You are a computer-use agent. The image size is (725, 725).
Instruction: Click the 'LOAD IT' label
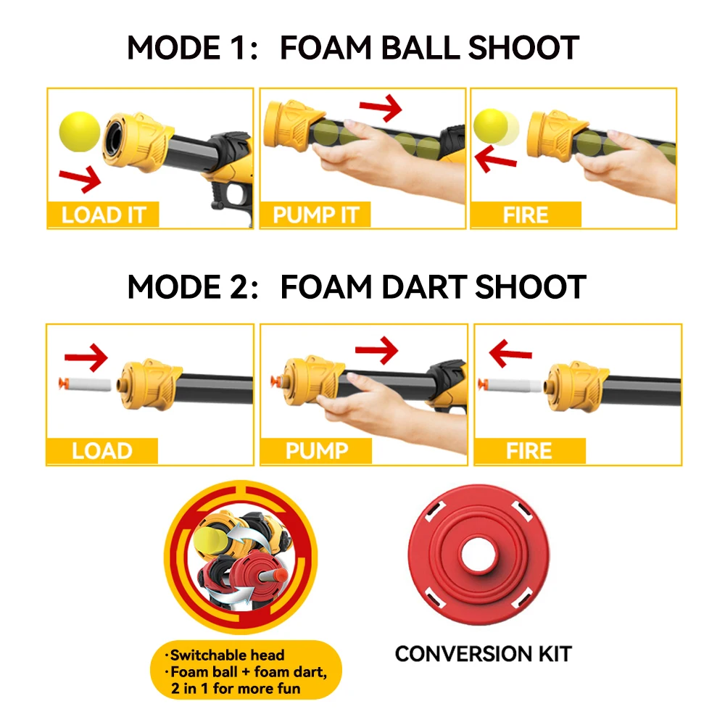103,215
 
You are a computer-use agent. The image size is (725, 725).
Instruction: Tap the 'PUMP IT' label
315,215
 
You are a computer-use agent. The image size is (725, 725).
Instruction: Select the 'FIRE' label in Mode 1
526,215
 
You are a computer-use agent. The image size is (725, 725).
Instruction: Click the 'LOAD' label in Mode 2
102,451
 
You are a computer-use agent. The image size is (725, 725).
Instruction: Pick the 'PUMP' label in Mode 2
316,451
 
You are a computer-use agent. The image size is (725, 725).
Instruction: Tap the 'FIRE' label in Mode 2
529,451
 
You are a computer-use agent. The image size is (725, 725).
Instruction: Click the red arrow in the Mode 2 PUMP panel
376,351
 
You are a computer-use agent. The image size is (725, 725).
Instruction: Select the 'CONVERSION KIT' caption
483,654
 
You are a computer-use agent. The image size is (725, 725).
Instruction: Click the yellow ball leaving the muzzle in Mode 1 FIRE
491,125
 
